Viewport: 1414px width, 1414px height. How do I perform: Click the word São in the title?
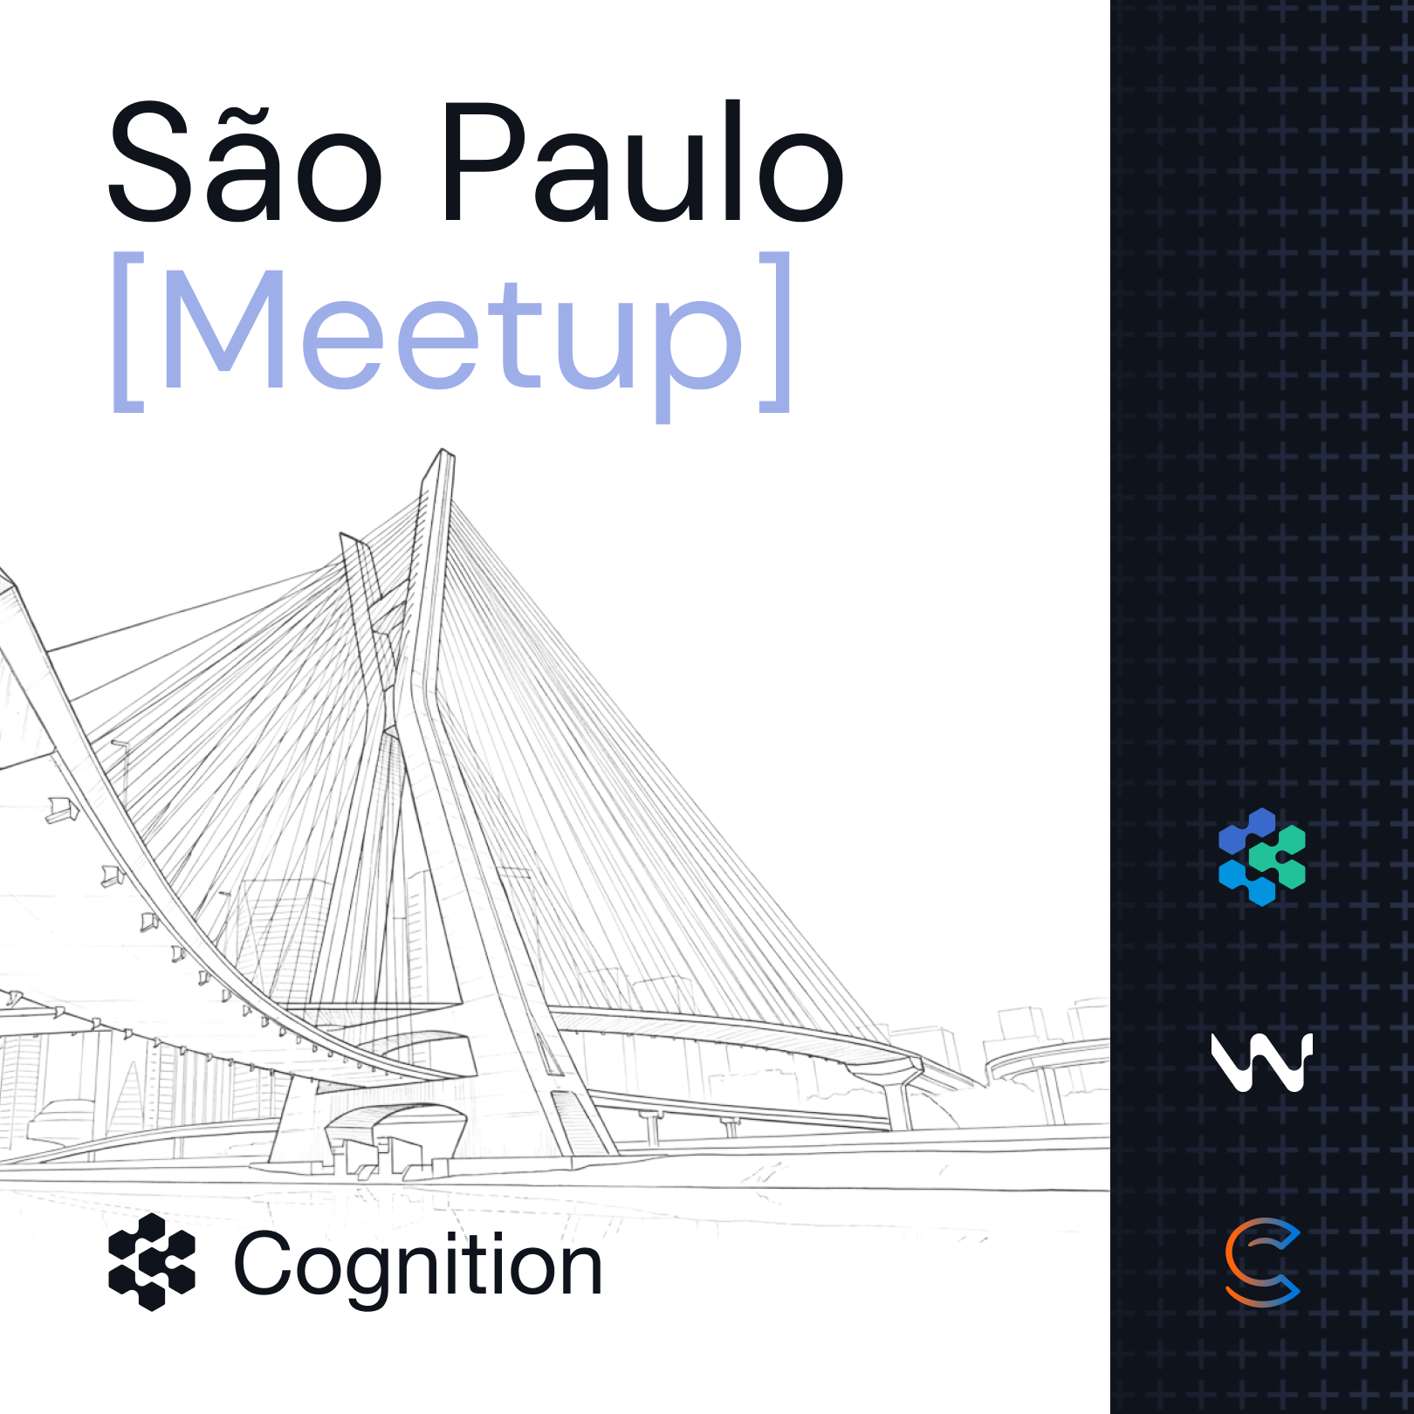[x=245, y=161]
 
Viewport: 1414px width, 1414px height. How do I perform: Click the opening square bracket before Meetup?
[x=128, y=332]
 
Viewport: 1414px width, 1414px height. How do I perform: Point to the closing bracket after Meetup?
[x=775, y=332]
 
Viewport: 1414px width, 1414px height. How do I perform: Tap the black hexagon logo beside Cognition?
[x=152, y=1262]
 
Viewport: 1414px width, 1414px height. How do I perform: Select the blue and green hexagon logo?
[x=1262, y=857]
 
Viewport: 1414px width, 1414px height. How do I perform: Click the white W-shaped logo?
[x=1262, y=1062]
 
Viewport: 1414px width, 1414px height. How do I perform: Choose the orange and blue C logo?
[x=1262, y=1262]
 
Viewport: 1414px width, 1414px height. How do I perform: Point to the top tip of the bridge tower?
[x=444, y=450]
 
